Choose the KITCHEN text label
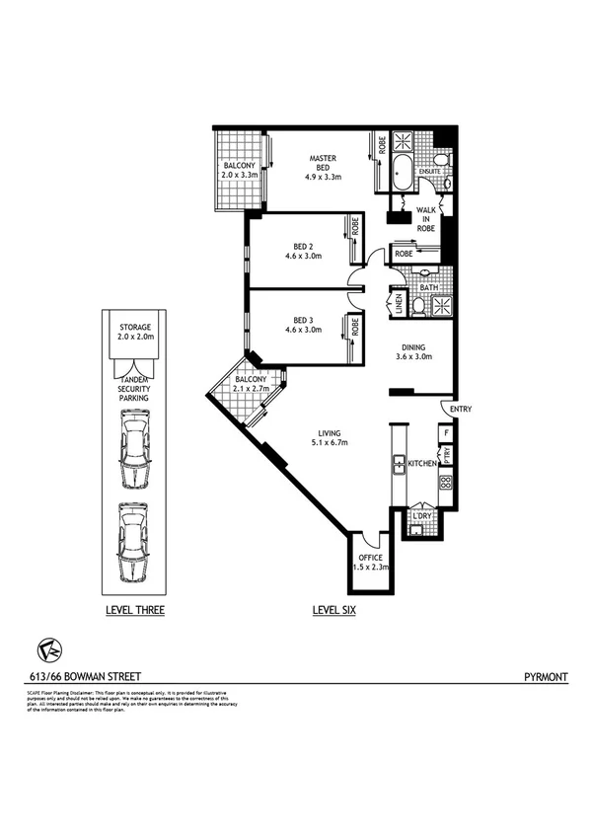click(421, 462)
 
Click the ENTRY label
click(460, 408)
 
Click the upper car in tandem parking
click(134, 450)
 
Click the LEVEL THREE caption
click(135, 611)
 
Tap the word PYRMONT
click(544, 678)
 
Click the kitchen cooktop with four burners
click(445, 483)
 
